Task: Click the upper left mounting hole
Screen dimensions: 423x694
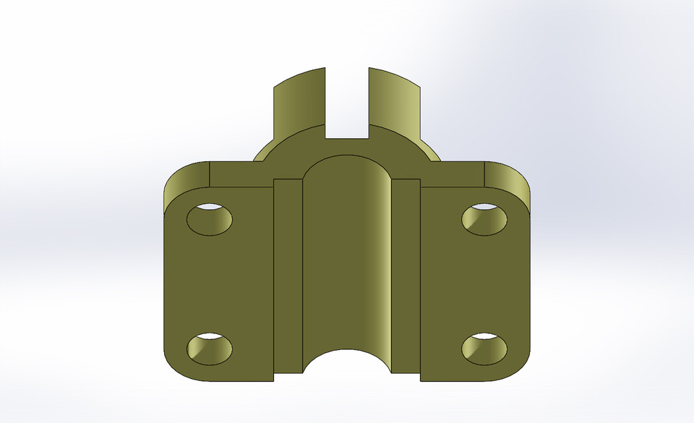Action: [210, 218]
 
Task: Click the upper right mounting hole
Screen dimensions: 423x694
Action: [484, 219]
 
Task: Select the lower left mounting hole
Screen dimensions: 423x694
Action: [210, 348]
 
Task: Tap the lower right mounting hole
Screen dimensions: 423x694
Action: [484, 349]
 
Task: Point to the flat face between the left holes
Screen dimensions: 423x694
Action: [217, 282]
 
